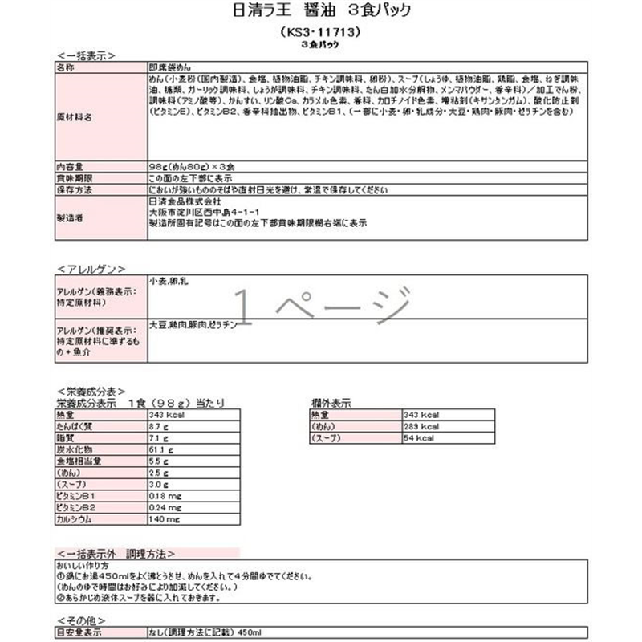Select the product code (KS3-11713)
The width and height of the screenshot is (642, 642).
(x=320, y=34)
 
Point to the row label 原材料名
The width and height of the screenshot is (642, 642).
(x=75, y=116)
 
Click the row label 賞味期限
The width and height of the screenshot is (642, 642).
(x=75, y=177)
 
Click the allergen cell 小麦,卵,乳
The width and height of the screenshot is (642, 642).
(x=169, y=282)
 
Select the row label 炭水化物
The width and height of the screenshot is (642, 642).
(x=75, y=452)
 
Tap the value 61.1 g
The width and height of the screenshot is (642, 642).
(x=161, y=452)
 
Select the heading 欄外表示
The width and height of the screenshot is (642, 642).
(x=331, y=402)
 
